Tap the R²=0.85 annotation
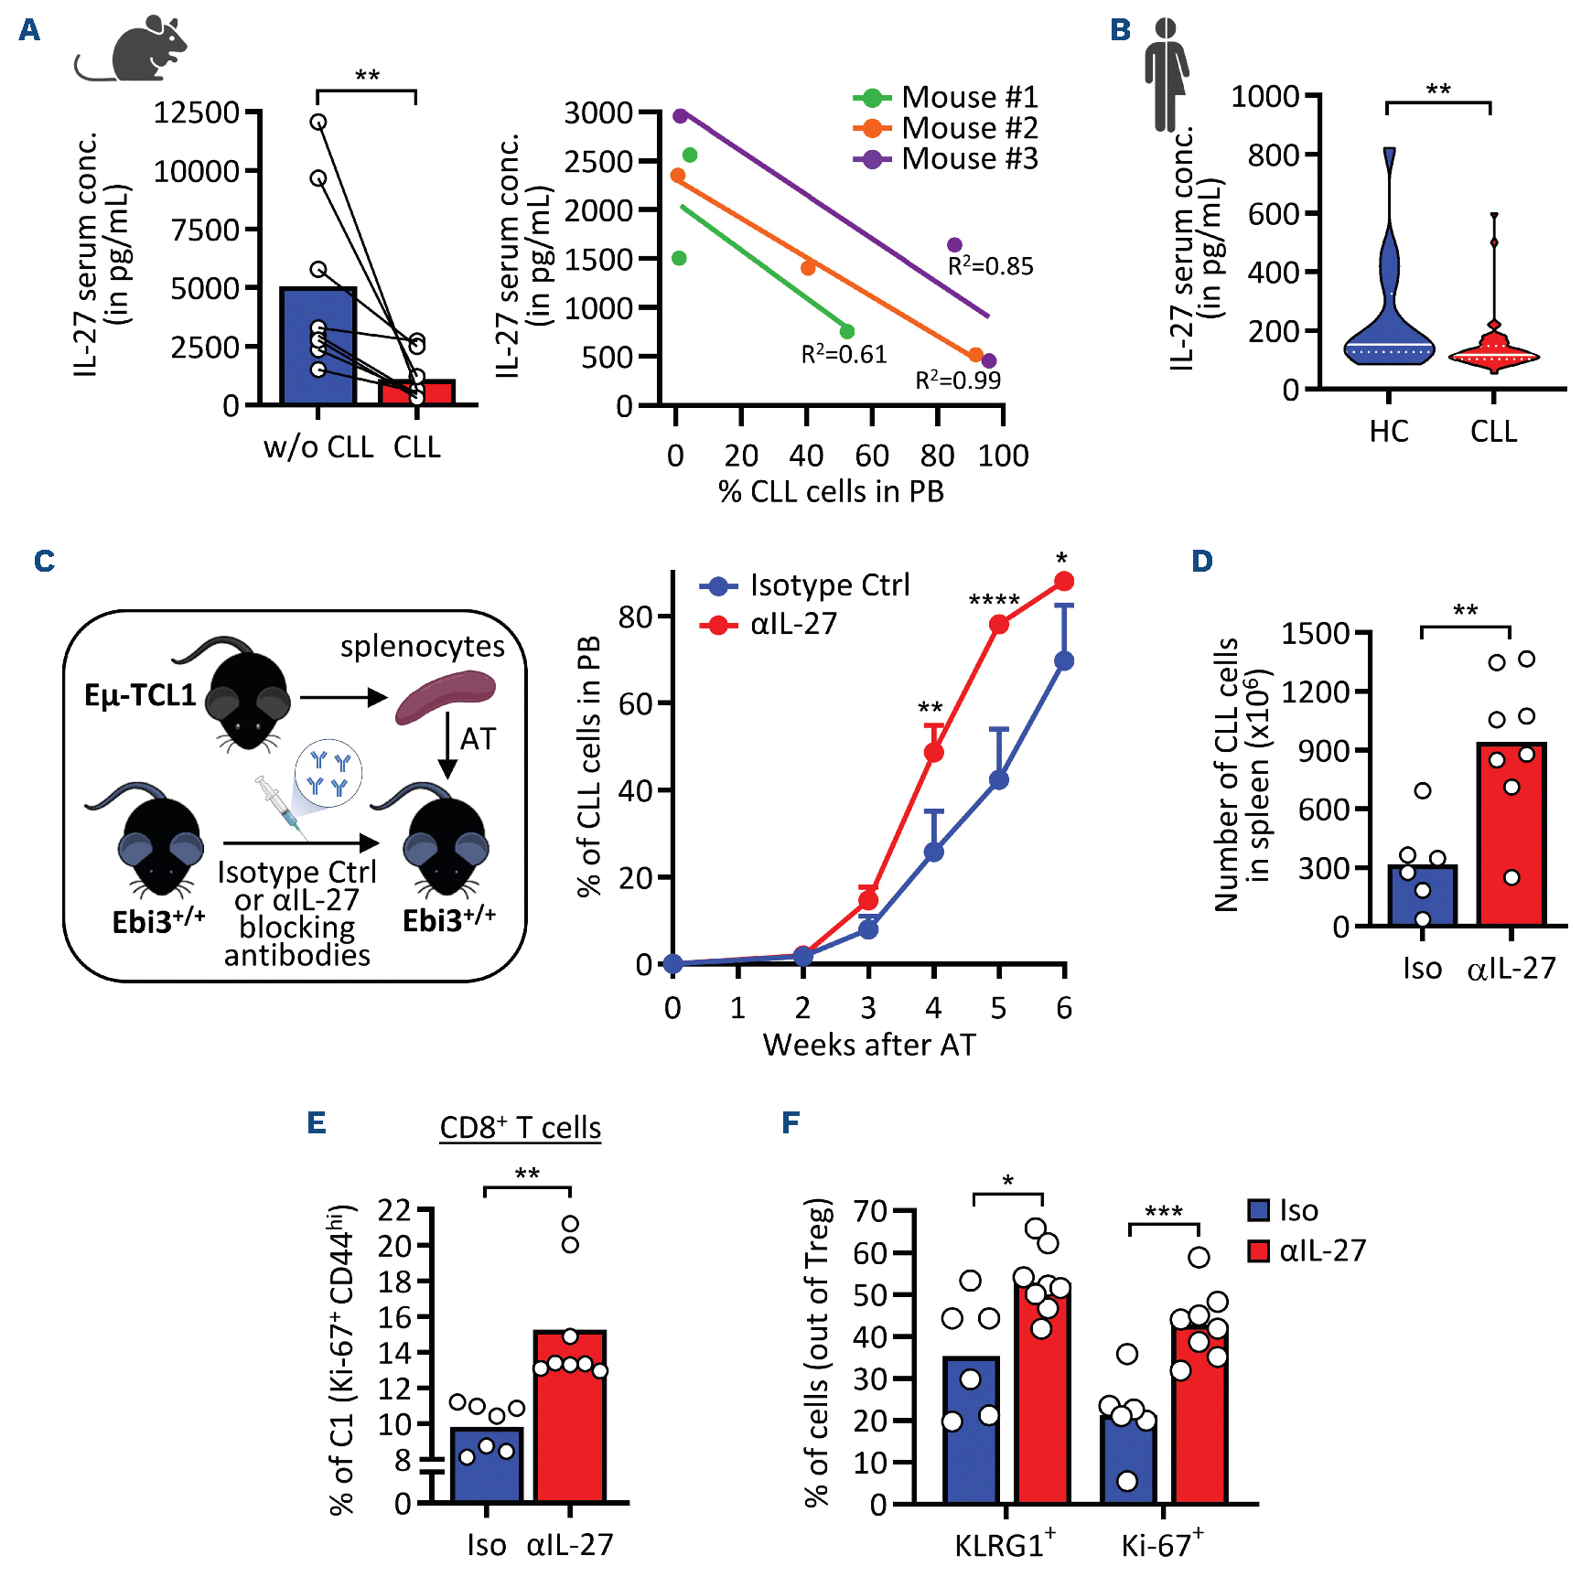click(x=990, y=266)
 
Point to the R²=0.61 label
click(x=844, y=354)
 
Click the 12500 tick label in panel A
click(x=196, y=113)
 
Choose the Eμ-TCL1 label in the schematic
click(x=140, y=696)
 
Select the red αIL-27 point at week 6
click(x=1064, y=582)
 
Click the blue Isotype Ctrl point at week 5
click(x=999, y=780)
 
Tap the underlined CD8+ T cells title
click(x=520, y=1128)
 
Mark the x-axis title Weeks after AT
click(x=869, y=1045)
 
